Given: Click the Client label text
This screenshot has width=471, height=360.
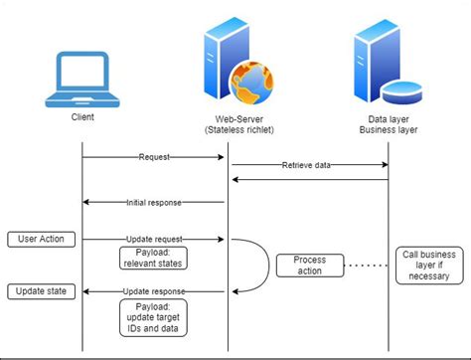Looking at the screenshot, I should (82, 117).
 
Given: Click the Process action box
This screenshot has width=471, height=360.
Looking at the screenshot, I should (309, 266).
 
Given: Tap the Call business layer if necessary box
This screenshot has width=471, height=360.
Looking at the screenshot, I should (431, 266).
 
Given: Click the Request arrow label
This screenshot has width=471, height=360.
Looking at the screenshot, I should (154, 156).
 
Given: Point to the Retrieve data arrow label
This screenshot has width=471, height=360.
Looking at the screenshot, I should (308, 164).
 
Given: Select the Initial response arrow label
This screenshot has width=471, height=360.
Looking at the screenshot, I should (155, 203).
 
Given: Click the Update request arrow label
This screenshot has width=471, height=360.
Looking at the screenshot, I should (155, 240).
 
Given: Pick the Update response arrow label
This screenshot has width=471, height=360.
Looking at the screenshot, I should (155, 291).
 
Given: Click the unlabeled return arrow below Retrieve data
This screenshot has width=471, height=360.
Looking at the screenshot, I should (309, 180).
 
